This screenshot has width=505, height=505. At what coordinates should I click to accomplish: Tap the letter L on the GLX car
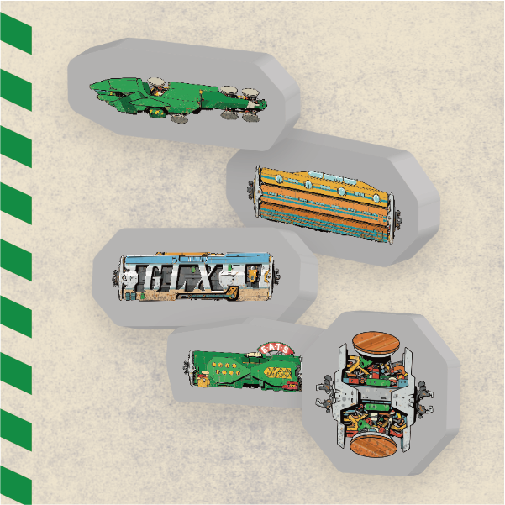(x=192, y=276)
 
